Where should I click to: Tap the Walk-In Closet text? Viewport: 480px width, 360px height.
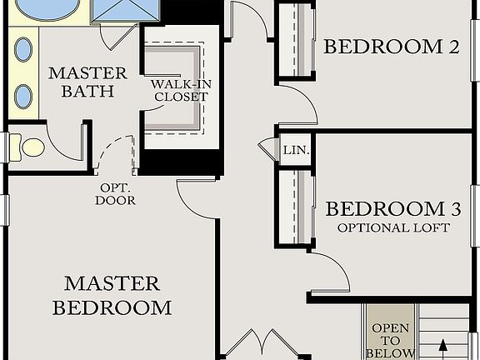178,90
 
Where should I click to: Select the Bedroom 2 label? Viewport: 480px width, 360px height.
391,47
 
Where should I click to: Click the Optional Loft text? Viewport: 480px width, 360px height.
393,227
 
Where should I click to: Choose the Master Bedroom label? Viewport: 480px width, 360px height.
112,295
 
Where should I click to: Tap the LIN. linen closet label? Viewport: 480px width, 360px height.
296,151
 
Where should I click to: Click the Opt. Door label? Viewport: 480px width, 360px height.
115,194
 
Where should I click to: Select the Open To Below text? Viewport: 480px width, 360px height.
390,340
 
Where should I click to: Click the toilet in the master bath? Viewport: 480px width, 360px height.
32,147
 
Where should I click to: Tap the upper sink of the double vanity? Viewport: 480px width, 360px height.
23,49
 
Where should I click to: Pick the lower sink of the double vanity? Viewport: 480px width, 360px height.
23,96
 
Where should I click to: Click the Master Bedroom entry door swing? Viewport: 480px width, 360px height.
197,198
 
